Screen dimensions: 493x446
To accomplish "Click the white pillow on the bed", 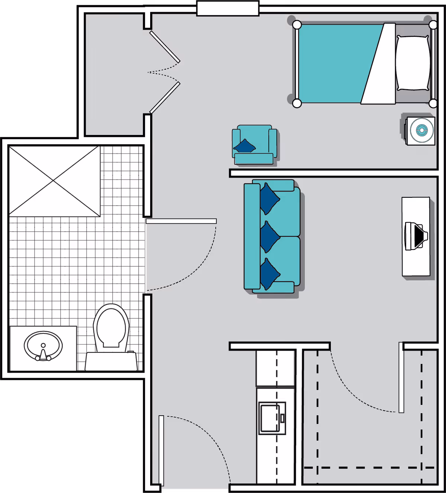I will pyautogui.click(x=413, y=63).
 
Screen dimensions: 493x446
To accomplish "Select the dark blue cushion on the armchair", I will pyautogui.click(x=245, y=146).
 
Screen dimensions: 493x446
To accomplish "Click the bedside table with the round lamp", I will pyautogui.click(x=420, y=131).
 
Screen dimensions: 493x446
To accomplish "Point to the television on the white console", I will pyautogui.click(x=415, y=236).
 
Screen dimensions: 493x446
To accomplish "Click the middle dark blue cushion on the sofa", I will pyautogui.click(x=269, y=236).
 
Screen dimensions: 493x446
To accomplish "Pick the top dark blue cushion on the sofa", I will pyautogui.click(x=269, y=199).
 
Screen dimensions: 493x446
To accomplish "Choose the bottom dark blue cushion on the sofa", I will pyautogui.click(x=269, y=274).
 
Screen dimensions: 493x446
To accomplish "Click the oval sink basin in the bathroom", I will pyautogui.click(x=43, y=345).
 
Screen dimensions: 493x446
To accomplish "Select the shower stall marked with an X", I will pyautogui.click(x=54, y=181).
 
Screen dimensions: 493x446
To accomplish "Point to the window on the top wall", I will pyautogui.click(x=227, y=9).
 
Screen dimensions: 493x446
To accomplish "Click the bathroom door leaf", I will pyautogui.click(x=181, y=221).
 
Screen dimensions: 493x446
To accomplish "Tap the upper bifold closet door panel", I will pyautogui.click(x=165, y=47).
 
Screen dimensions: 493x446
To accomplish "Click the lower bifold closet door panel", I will pyautogui.click(x=165, y=97).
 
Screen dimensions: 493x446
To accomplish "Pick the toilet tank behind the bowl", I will pyautogui.click(x=111, y=361).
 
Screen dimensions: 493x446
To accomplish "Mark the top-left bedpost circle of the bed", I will pyautogui.click(x=297, y=25).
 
